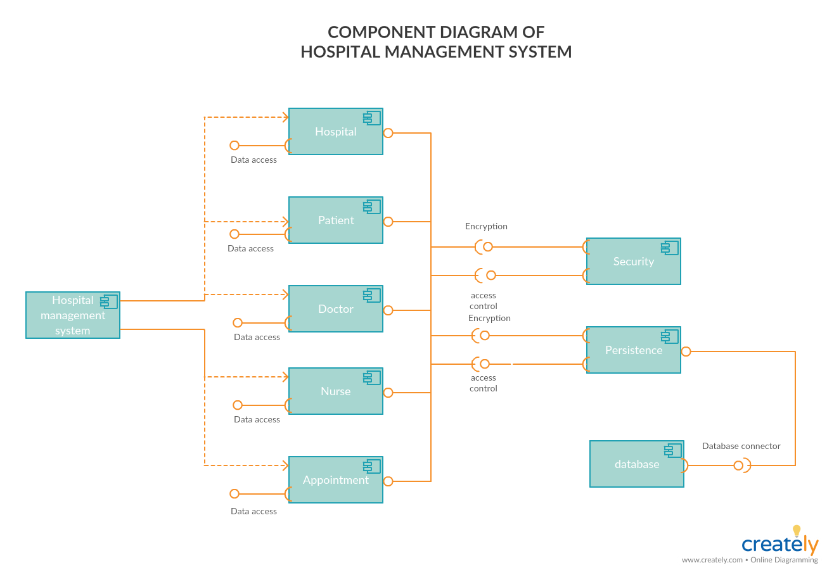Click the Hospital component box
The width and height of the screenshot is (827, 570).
(335, 132)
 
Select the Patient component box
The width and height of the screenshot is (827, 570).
(335, 220)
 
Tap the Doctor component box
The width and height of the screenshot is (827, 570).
(335, 309)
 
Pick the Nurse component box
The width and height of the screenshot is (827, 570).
(335, 391)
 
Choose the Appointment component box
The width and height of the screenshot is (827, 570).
(335, 480)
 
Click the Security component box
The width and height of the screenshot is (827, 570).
(633, 262)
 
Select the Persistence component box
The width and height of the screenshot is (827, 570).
(633, 350)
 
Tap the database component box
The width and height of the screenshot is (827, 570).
(636, 464)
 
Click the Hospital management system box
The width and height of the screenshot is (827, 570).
(72, 315)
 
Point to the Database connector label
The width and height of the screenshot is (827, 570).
(741, 446)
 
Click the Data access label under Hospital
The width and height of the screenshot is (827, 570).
(253, 160)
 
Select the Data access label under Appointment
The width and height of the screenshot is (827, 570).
(253, 511)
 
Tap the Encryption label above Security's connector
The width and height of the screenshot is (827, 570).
(486, 226)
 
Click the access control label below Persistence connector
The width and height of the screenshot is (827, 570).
(483, 383)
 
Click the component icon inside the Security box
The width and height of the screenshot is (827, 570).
(670, 248)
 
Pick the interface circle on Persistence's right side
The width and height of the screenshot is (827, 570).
(686, 351)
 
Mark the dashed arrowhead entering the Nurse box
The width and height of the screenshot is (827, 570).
(285, 377)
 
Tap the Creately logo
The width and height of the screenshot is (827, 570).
(780, 543)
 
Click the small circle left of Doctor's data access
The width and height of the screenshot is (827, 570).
(238, 323)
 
